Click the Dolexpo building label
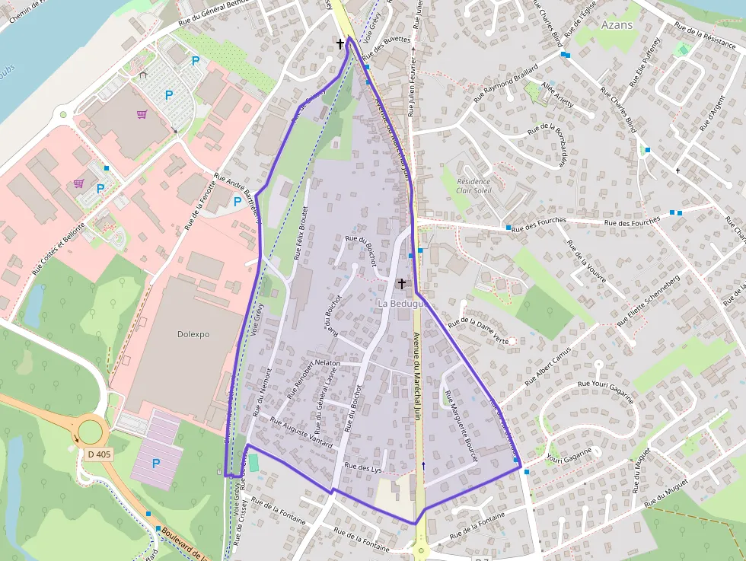(x=193, y=334)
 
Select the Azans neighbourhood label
(x=617, y=24)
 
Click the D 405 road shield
(x=99, y=454)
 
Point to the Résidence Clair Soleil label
(x=474, y=186)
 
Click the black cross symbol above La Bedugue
(x=402, y=283)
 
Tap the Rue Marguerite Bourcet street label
(x=461, y=426)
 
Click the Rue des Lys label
(x=362, y=467)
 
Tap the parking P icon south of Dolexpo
(x=156, y=463)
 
